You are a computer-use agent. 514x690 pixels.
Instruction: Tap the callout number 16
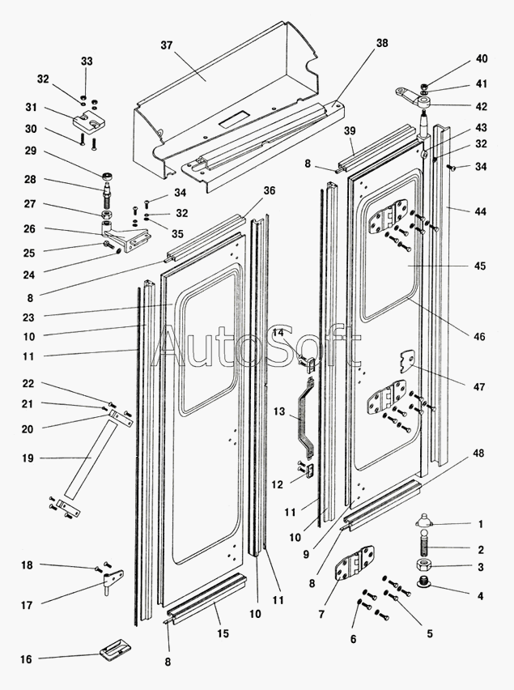pos(26,659)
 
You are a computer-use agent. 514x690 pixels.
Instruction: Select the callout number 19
pos(27,458)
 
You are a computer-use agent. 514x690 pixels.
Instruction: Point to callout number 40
pos(482,58)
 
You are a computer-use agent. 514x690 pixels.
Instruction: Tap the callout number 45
pos(479,266)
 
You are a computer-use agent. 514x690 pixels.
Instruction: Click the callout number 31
pos(32,108)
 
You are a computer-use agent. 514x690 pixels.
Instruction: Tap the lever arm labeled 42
pos(414,100)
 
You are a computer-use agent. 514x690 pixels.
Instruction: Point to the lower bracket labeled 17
pos(113,581)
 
